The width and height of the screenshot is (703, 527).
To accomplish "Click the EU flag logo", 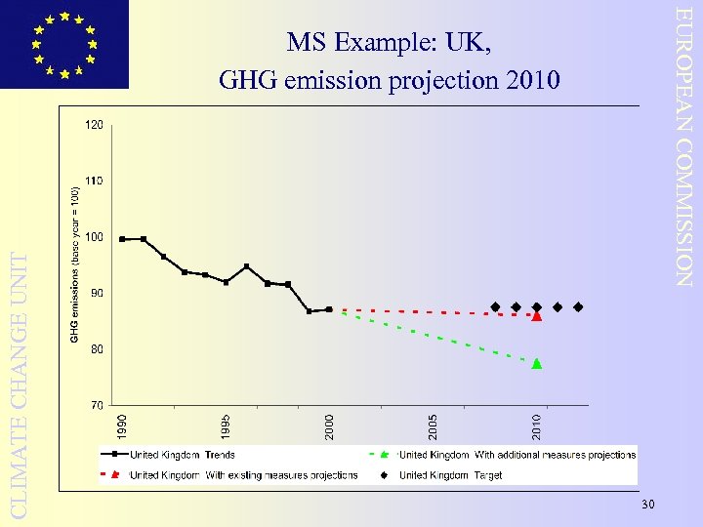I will tap(64, 44).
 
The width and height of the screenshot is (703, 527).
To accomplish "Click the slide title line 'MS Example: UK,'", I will tap(390, 44).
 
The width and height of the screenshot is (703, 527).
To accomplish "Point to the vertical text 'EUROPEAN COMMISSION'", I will tap(686, 146).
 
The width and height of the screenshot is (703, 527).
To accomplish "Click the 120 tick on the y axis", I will tap(95, 126).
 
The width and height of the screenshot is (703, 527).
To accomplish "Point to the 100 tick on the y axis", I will tap(95, 237).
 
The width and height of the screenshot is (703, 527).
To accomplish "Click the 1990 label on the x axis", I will tap(122, 426).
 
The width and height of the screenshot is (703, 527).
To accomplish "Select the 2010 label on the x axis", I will tap(537, 426).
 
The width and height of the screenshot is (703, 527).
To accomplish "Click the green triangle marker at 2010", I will tap(537, 364).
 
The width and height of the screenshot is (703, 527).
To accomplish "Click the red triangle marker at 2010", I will tap(537, 316).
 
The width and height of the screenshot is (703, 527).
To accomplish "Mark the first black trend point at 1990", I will tap(122, 239).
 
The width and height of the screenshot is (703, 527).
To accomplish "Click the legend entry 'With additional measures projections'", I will tap(517, 455).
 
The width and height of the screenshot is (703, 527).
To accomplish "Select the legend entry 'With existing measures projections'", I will tap(243, 475).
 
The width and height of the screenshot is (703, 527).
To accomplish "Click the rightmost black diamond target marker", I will tap(578, 307).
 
